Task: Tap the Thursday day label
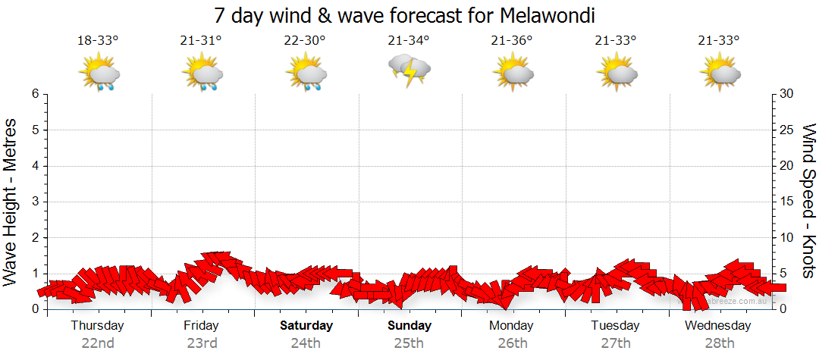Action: pos(97,326)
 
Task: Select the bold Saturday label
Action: pos(306,326)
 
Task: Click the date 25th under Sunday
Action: pos(409,343)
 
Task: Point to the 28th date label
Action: pos(718,343)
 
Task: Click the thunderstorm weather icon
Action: pos(409,70)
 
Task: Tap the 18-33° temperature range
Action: pos(98,41)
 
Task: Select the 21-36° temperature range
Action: pos(512,41)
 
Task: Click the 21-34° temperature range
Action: pos(409,41)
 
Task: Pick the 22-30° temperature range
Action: pos(305,41)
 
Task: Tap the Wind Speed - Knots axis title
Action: pos(808,201)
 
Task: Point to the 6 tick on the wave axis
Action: pos(34,94)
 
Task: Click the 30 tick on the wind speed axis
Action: pos(787,94)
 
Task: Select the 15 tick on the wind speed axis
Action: pos(786,202)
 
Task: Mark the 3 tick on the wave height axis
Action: pos(34,202)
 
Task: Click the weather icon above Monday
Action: pos(513,72)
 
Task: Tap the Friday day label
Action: pos(201,326)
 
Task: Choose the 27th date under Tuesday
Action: pos(615,343)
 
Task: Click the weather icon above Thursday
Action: pos(99,72)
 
